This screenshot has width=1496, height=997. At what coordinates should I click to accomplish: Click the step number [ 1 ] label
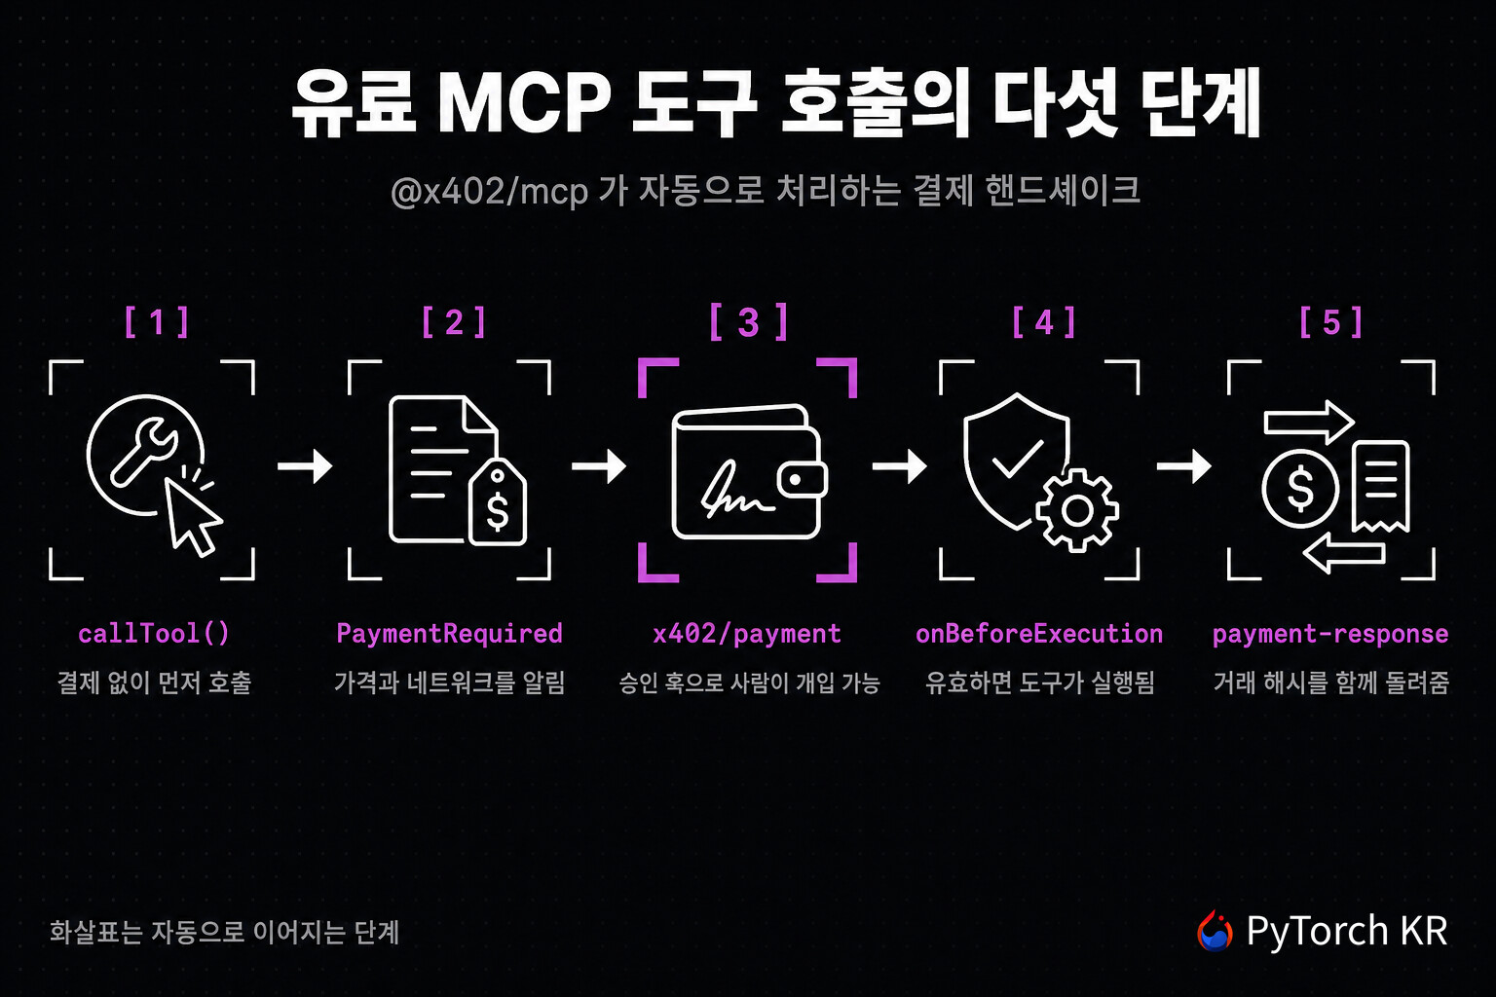pyautogui.click(x=157, y=322)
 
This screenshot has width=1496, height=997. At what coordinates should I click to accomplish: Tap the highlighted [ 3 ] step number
pyautogui.click(x=748, y=322)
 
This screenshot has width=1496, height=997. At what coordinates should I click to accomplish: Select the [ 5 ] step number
pyautogui.click(x=1331, y=322)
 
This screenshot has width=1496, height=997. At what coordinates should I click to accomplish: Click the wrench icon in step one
pyautogui.click(x=142, y=452)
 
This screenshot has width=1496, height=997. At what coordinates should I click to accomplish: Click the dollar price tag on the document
pyautogui.click(x=498, y=501)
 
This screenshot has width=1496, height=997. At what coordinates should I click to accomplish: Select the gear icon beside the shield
pyautogui.click(x=1076, y=511)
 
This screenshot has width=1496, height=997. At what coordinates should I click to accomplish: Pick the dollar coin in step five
pyautogui.click(x=1299, y=488)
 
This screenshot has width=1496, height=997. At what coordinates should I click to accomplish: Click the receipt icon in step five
pyautogui.click(x=1381, y=487)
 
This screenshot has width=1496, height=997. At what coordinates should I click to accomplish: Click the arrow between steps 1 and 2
pyautogui.click(x=305, y=465)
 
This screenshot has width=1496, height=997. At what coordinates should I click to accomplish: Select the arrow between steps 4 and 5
pyautogui.click(x=1183, y=465)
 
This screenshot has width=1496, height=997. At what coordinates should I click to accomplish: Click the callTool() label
pyautogui.click(x=154, y=633)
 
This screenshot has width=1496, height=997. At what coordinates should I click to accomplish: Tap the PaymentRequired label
pyautogui.click(x=449, y=633)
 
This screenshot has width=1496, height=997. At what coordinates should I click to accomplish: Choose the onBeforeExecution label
pyautogui.click(x=1039, y=633)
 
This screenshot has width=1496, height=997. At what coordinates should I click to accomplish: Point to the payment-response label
pyautogui.click(x=1330, y=633)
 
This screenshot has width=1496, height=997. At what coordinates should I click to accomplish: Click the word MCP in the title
pyautogui.click(x=525, y=102)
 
